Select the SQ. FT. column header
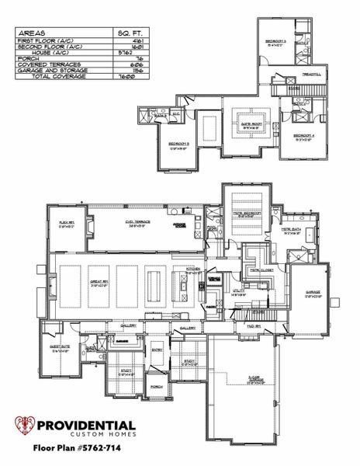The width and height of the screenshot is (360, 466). [x=126, y=33]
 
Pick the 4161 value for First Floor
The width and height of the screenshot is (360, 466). [x=128, y=41]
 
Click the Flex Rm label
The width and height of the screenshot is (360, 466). [x=66, y=221]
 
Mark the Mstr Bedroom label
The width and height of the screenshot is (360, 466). [x=247, y=213]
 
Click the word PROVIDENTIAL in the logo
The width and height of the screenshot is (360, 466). [x=87, y=426]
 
